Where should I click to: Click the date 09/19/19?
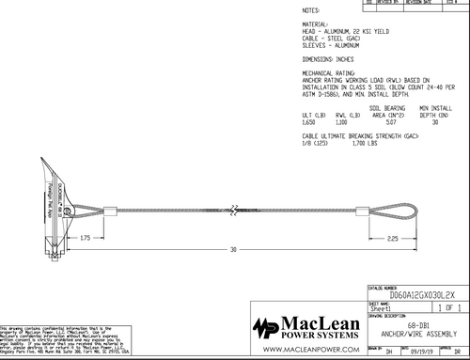[415, 350]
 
